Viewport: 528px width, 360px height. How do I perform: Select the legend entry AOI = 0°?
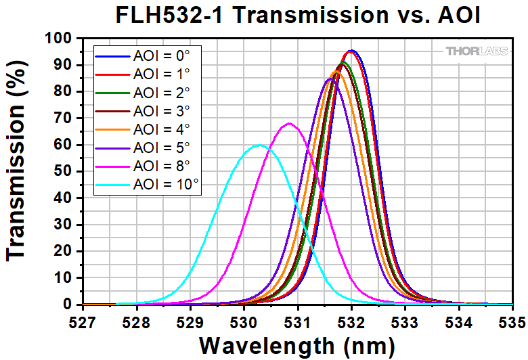[162, 56]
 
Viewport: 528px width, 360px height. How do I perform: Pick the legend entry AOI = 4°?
[162, 127]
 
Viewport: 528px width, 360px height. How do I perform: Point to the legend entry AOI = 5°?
[162, 144]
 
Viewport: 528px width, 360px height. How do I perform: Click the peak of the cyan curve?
[258, 145]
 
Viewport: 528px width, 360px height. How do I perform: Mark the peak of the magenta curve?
[290, 123]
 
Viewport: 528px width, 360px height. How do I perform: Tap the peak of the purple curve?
[330, 79]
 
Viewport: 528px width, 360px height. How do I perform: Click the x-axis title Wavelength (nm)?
[296, 344]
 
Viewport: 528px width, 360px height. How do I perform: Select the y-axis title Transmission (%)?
[18, 172]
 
